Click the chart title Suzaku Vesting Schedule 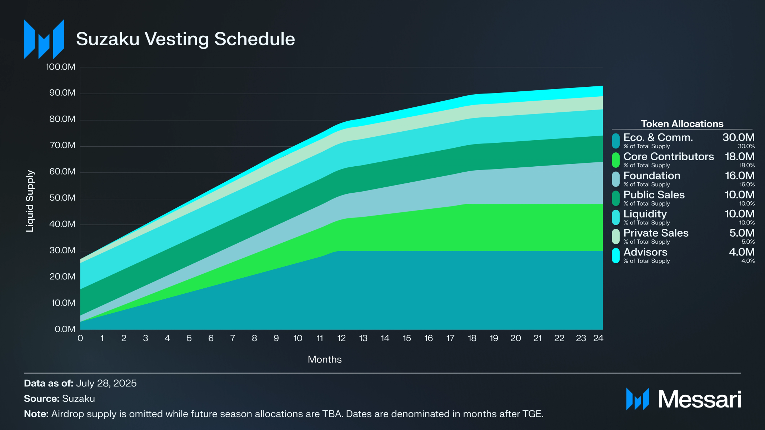coord(185,39)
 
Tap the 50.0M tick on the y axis coord(62,198)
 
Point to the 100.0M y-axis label coord(61,67)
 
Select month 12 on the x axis coord(341,338)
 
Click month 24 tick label coord(598,338)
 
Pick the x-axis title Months coord(325,359)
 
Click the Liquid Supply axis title coord(30,201)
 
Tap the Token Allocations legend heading coord(682,124)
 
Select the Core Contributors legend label coord(669,157)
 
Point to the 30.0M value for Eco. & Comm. coord(738,137)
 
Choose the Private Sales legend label coord(656,233)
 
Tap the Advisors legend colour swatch coord(616,256)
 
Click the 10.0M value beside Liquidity coord(739,214)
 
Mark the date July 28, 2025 coord(106,383)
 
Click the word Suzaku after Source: coord(78,399)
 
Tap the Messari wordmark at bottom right coord(700,399)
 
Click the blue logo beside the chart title coord(44,39)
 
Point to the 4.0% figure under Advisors coord(748,261)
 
